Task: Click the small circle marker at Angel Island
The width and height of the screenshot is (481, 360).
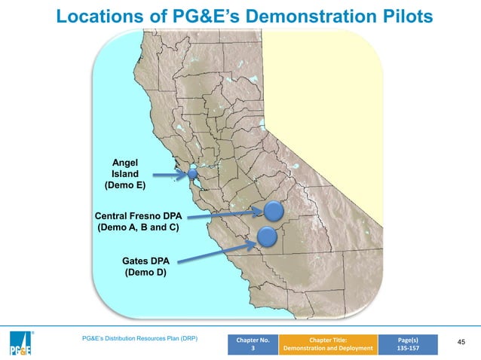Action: (192, 173)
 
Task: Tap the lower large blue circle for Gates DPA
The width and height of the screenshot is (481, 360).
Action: (268, 238)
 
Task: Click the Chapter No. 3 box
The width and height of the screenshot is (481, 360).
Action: (253, 343)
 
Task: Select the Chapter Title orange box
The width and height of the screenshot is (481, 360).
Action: (328, 343)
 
